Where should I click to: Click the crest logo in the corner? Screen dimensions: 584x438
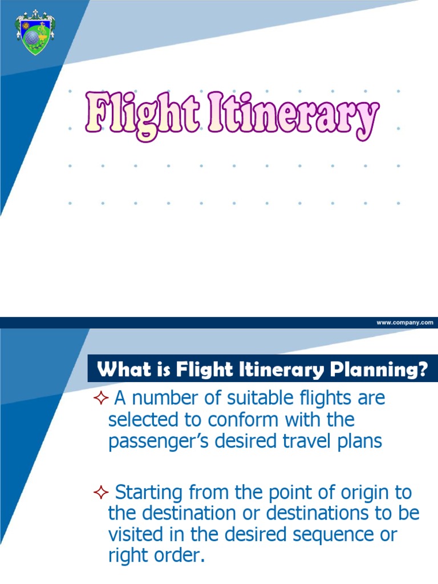(x=35, y=33)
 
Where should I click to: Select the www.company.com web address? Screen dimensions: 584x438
(x=405, y=322)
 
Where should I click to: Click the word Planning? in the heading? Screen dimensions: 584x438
(x=377, y=371)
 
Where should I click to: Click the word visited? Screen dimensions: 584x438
(x=134, y=535)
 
